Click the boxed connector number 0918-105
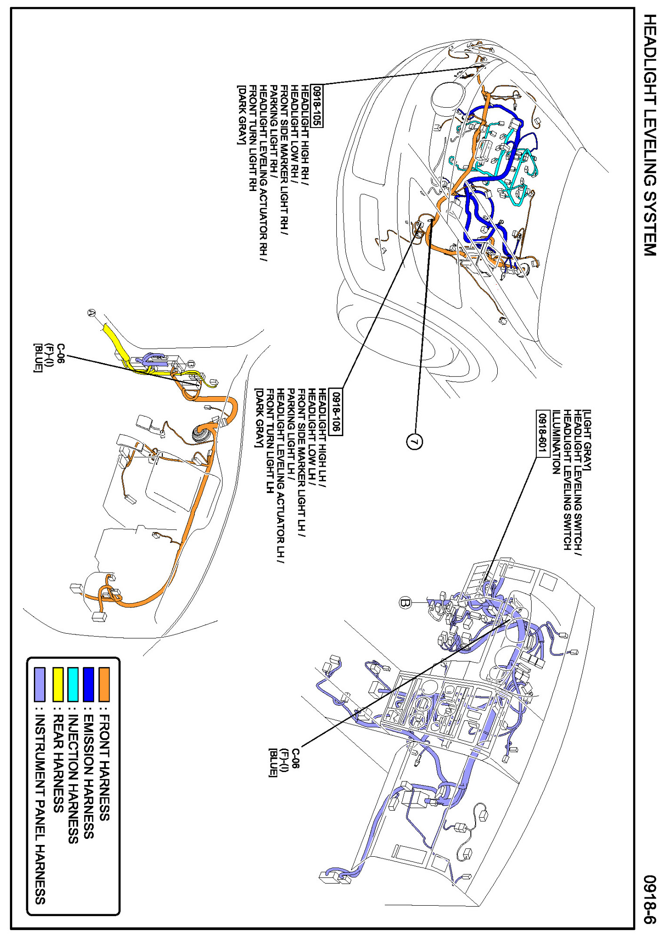tap(318, 106)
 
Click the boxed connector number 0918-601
tap(542, 433)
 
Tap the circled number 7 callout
tap(414, 441)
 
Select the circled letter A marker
tap(92, 313)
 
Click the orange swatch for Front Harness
tap(104, 684)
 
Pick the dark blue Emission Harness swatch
tap(88, 684)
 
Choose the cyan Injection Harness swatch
tap(73, 684)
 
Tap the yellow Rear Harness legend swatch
tap(58, 684)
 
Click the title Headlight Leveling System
tap(650, 135)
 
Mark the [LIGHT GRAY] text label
tap(587, 440)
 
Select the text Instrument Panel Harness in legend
tap(40, 809)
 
